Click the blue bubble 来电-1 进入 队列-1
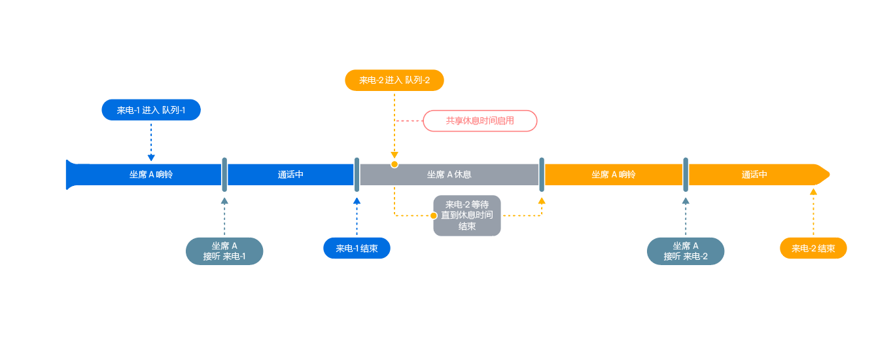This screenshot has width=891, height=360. click(151, 110)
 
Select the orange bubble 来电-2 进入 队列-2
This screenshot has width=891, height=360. click(394, 80)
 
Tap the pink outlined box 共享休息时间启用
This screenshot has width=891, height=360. click(480, 121)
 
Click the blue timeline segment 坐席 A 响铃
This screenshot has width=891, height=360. click(151, 175)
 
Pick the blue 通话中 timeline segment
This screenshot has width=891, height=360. click(290, 175)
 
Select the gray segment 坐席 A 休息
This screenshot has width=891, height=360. click(449, 175)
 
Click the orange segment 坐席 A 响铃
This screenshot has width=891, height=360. click(614, 175)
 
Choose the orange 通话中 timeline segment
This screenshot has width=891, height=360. click(754, 175)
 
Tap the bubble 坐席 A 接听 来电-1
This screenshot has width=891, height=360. click(224, 251)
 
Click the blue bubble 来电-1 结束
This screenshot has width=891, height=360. click(357, 248)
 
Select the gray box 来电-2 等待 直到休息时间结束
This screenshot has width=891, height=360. click(467, 215)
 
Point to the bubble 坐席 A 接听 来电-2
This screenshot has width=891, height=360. click(686, 251)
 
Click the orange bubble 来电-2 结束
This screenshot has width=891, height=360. click(813, 248)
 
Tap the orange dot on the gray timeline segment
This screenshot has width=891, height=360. click(394, 164)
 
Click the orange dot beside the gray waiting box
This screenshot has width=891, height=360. click(433, 215)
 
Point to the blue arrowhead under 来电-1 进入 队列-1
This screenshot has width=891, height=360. click(151, 158)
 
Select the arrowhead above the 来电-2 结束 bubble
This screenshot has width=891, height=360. click(813, 192)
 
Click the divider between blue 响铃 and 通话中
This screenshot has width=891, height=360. click(224, 175)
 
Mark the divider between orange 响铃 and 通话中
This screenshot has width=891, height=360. click(686, 175)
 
